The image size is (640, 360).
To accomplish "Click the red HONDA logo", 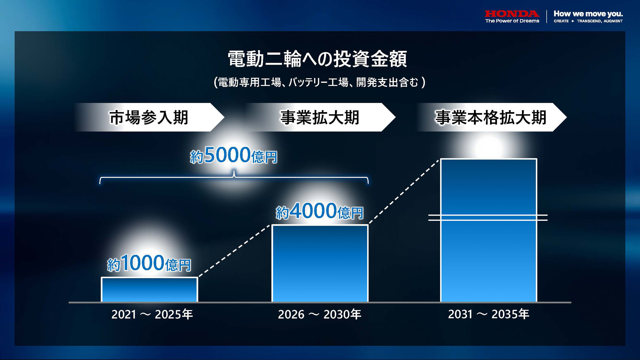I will pyautogui.click(x=512, y=14).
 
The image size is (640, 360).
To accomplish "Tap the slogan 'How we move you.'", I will pyautogui.click(x=588, y=14).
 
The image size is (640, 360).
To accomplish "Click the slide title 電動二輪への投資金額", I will pyautogui.click(x=317, y=59).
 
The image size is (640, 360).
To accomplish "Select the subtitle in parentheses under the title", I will pyautogui.click(x=319, y=82).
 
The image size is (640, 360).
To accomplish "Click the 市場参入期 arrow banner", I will pyautogui.click(x=149, y=117).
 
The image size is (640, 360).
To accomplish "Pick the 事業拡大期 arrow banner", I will pyautogui.click(x=320, y=117).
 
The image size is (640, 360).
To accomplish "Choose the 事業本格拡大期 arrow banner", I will pyautogui.click(x=491, y=117).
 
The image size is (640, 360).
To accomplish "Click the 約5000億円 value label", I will pyautogui.click(x=234, y=155).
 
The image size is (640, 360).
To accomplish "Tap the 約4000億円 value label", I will pyautogui.click(x=319, y=211).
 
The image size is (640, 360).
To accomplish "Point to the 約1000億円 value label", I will pyautogui.click(x=149, y=264).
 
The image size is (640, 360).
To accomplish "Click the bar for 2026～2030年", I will pyautogui.click(x=320, y=263).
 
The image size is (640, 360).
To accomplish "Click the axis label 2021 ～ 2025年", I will pyautogui.click(x=152, y=314).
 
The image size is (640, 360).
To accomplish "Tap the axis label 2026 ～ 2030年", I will pyautogui.click(x=319, y=314).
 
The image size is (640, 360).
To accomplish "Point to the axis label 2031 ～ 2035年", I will pyautogui.click(x=488, y=314).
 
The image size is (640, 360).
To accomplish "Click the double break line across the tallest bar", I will pyautogui.click(x=488, y=218).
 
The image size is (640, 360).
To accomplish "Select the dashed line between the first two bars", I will pyautogui.click(x=234, y=251).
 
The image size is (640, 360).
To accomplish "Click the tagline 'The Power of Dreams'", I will pyautogui.click(x=512, y=21).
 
